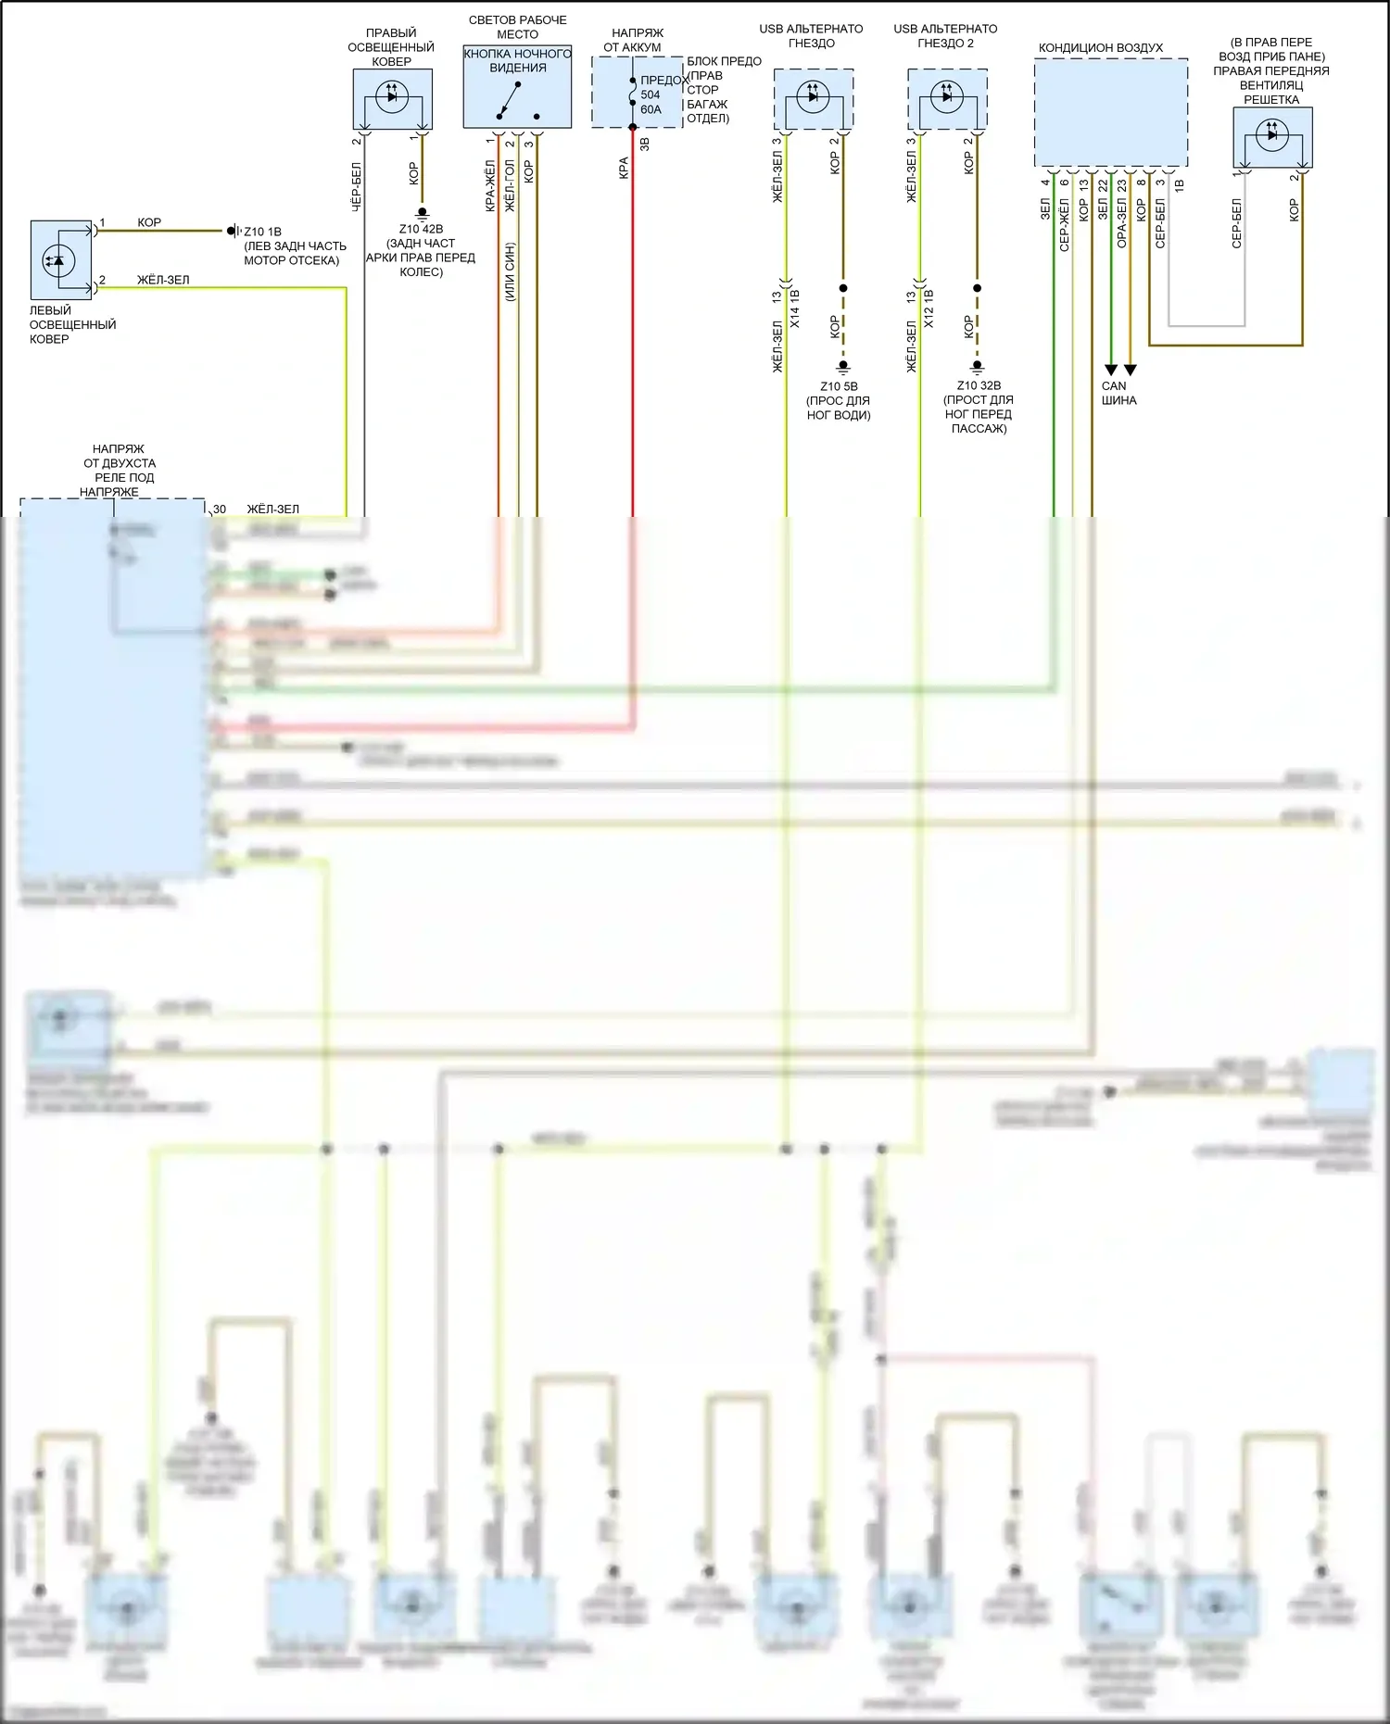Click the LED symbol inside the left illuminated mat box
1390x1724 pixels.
[58, 260]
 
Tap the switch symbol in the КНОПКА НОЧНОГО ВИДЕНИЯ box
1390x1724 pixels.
[508, 99]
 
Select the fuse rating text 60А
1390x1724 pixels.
[651, 109]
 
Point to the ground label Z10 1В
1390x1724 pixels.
[262, 232]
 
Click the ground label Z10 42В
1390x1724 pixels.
[421, 229]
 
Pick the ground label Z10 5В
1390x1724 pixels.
[839, 386]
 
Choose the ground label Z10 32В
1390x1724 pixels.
[979, 385]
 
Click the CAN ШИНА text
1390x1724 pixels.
[1118, 393]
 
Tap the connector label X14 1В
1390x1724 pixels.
[795, 308]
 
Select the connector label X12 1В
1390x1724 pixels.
[929, 308]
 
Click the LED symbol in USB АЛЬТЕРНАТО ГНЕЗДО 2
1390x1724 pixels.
[946, 95]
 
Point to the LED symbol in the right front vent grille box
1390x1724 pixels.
[1271, 134]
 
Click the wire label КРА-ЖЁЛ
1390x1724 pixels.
[490, 185]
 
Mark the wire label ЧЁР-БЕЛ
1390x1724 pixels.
[357, 187]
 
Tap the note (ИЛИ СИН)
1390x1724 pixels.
[510, 271]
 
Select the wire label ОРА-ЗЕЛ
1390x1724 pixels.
[1122, 222]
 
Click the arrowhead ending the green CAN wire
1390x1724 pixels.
[1111, 370]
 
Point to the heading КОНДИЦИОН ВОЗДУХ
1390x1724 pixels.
[1100, 47]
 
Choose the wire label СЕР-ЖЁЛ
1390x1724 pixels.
[1065, 224]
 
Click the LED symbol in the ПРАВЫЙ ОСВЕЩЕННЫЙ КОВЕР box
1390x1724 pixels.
[391, 95]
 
